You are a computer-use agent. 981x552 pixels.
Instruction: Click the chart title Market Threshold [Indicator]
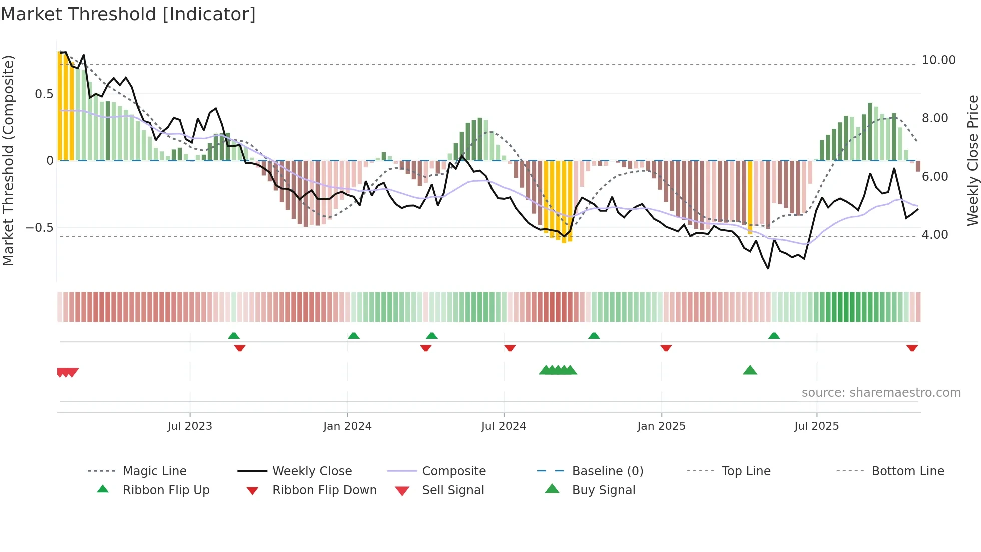click(x=128, y=14)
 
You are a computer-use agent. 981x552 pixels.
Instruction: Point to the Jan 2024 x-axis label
click(x=347, y=426)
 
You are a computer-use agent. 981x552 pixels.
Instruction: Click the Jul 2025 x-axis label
click(x=816, y=426)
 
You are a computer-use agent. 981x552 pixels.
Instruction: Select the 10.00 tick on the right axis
click(x=938, y=60)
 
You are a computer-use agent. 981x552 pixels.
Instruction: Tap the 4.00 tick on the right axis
click(x=934, y=234)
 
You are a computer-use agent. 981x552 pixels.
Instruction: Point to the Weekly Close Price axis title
click(x=972, y=160)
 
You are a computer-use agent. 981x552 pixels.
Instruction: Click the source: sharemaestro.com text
click(x=881, y=392)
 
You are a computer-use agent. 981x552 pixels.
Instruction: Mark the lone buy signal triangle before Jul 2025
click(x=750, y=370)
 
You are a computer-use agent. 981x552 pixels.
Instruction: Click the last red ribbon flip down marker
click(x=912, y=348)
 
